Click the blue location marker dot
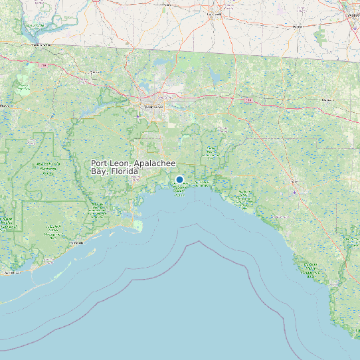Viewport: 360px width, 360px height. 179,179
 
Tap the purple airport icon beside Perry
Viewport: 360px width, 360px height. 294,192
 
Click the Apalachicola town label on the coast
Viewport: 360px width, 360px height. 10,273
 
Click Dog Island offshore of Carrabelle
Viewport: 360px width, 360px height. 83,254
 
